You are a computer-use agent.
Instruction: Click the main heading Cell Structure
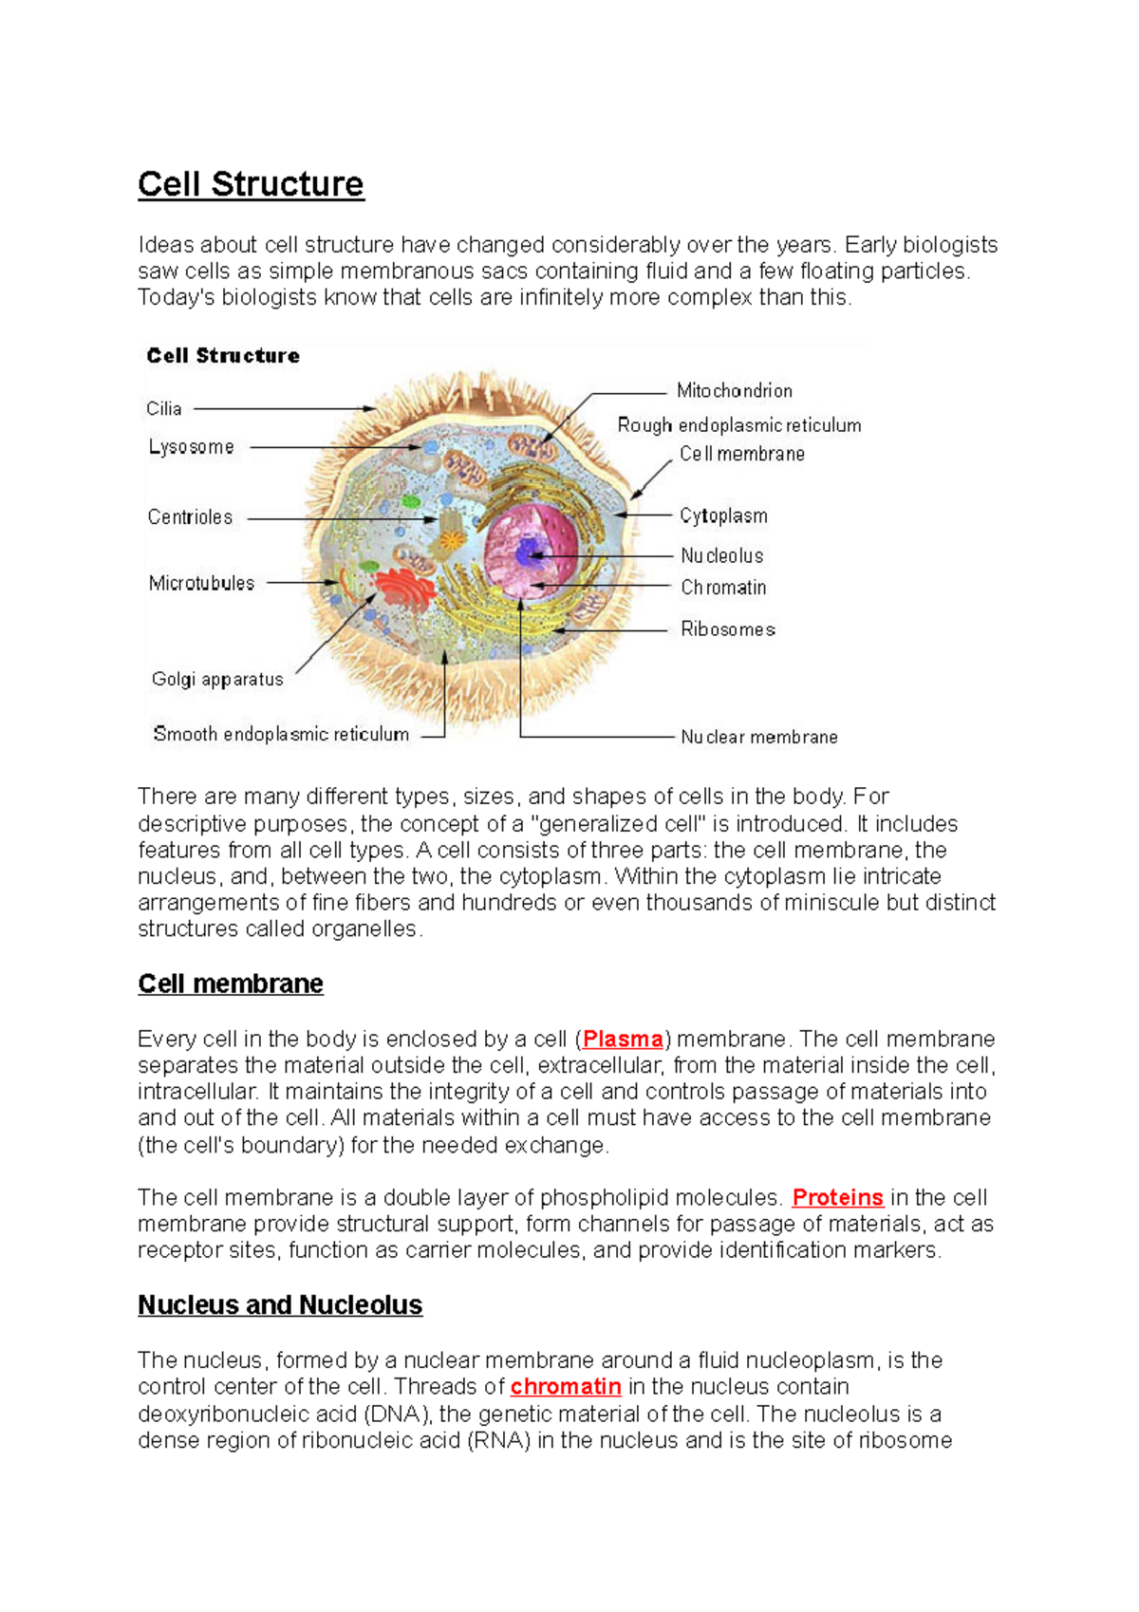click(251, 184)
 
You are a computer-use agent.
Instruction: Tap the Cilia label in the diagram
click(163, 409)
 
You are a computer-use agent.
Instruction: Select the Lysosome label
click(191, 447)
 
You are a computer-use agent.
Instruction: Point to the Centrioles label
click(190, 517)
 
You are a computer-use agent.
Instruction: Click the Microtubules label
click(201, 583)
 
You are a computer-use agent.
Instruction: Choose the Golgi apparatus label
click(217, 680)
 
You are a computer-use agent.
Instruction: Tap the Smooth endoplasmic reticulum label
click(281, 734)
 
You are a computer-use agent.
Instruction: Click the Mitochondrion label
click(734, 391)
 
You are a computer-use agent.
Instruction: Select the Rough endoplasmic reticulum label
click(738, 425)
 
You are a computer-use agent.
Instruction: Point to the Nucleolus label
click(721, 556)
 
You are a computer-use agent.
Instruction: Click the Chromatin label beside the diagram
click(722, 588)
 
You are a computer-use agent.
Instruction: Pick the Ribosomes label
click(727, 629)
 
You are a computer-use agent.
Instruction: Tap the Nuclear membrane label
click(758, 737)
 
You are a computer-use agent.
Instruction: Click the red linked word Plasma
click(623, 1040)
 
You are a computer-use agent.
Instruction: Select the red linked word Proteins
click(837, 1198)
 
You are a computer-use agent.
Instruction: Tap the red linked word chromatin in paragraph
click(566, 1387)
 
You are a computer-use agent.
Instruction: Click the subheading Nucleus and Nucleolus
click(280, 1305)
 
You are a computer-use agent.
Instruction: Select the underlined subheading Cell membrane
click(231, 984)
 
